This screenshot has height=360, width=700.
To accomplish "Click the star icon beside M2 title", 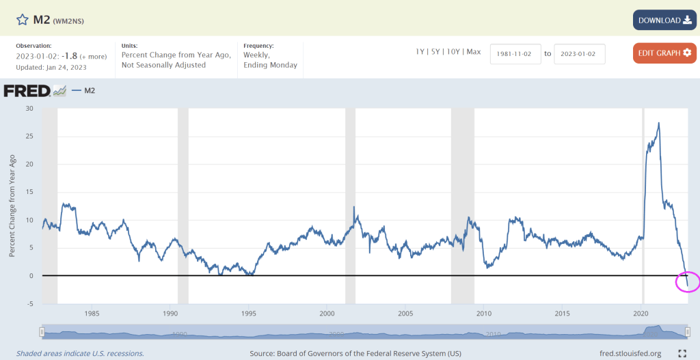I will click(23, 20).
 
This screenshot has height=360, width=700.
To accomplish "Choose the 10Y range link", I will click(453, 52).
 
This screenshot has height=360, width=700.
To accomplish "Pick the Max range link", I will click(474, 52).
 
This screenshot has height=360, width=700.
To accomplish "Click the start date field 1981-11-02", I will click(515, 53).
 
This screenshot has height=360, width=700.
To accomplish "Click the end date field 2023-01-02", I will click(579, 53).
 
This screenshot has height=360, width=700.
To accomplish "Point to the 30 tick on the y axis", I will click(28, 108).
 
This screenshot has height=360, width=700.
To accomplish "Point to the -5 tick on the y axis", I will click(28, 304).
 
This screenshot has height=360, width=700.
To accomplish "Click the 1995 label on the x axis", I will click(249, 314).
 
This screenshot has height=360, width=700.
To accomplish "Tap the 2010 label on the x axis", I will click(484, 314).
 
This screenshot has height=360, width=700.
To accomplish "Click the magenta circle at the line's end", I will click(687, 281).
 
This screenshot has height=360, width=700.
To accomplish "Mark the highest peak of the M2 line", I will click(658, 123).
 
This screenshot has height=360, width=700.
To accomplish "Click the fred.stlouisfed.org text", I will click(630, 353).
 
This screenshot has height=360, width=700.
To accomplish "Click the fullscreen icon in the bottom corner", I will click(682, 353).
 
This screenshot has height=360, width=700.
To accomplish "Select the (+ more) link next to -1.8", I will click(93, 56).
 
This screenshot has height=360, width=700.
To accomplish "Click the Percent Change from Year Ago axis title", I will click(12, 206).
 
